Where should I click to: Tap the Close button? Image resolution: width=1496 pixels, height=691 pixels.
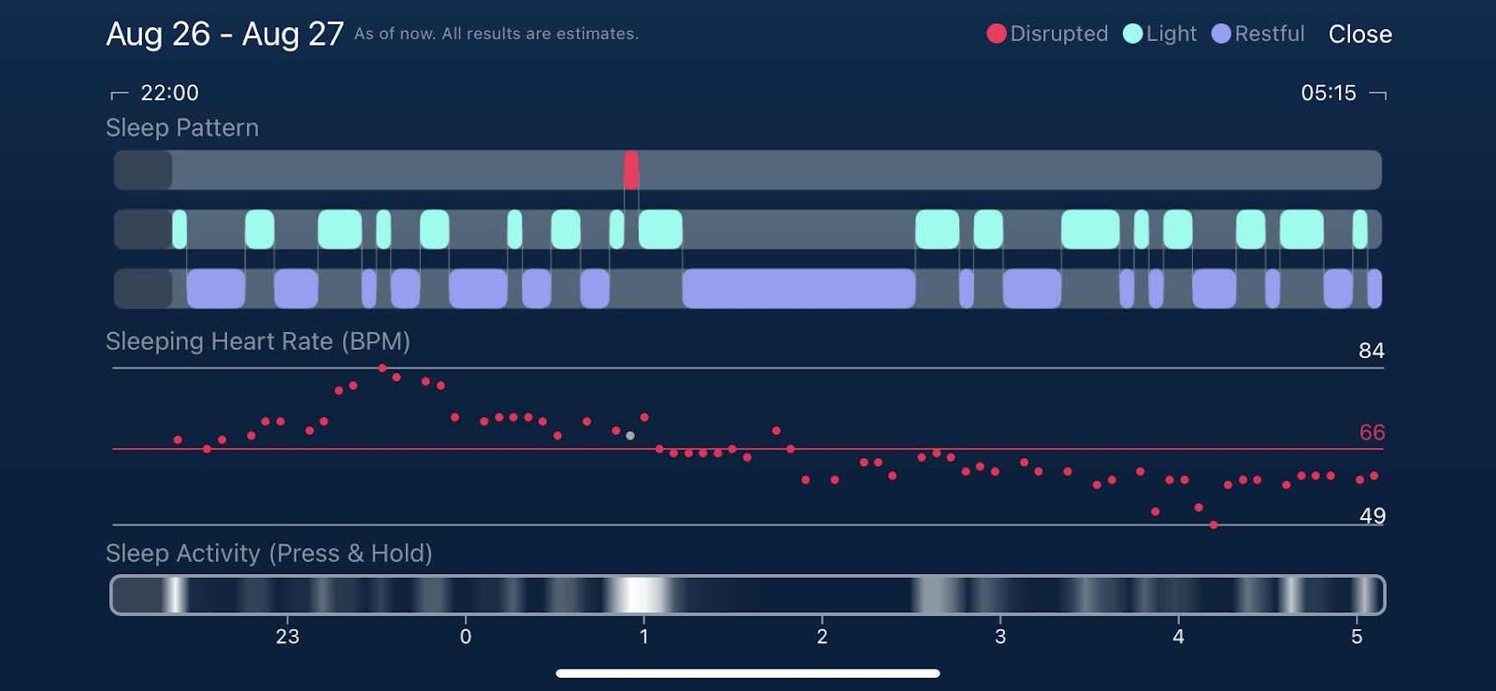coord(1359,35)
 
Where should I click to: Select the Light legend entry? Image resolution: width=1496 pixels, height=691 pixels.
coord(1159,35)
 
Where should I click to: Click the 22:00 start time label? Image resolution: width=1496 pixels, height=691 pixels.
coord(169,93)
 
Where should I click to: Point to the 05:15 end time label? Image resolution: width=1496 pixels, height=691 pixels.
coord(1328,93)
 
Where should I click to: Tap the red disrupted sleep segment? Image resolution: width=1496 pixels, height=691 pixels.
coord(632,170)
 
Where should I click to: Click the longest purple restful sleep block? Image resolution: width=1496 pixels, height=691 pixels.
coord(798,288)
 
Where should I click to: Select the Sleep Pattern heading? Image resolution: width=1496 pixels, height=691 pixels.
coord(182,128)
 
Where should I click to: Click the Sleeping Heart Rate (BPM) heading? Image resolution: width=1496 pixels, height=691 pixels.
coord(258,341)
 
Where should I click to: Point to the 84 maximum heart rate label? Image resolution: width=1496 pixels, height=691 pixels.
coord(1371,351)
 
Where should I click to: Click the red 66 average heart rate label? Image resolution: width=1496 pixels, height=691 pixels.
coord(1372,433)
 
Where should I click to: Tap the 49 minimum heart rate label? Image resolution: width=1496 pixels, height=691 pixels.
coord(1372,516)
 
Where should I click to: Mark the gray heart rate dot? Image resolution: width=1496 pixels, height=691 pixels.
coord(630,436)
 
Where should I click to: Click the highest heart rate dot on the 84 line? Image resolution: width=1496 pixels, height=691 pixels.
coord(382,368)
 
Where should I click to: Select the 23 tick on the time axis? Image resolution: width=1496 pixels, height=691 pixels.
coord(287,637)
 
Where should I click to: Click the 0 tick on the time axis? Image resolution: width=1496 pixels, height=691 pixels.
coord(466,637)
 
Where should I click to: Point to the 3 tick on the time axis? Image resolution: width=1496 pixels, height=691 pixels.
coord(1000,637)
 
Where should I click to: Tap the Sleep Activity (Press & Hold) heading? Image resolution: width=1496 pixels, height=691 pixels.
coord(269,554)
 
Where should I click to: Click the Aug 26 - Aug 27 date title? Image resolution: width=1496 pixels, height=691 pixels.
coord(224,35)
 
